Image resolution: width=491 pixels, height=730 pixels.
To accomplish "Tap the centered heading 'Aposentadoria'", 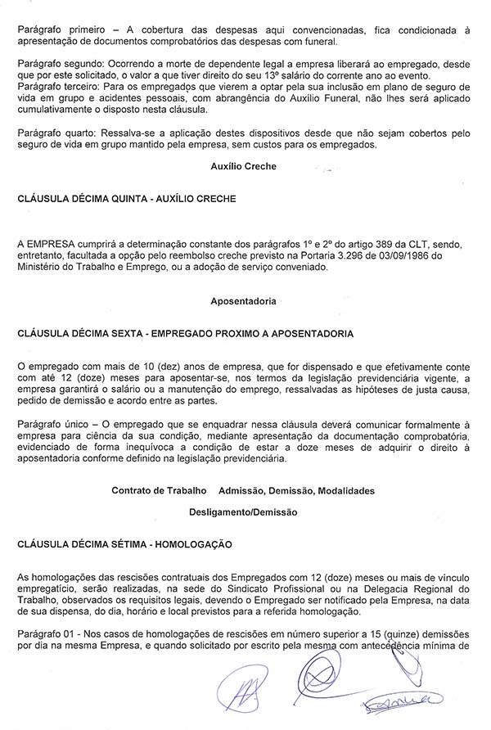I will click(244, 301).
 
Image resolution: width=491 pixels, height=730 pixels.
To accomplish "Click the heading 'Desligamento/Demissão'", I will click(244, 511).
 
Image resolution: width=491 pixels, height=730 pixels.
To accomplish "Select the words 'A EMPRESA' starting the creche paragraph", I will click(43, 243).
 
